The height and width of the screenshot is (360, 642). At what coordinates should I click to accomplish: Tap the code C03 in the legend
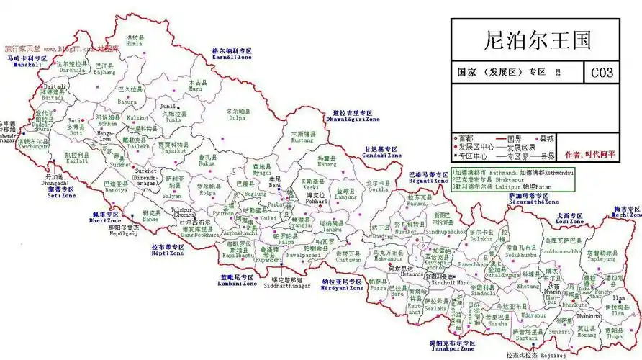[x=602, y=73]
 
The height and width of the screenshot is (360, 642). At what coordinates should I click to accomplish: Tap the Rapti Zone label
[x=168, y=251]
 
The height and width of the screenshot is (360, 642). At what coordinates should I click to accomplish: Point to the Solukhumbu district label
[x=521, y=252]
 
